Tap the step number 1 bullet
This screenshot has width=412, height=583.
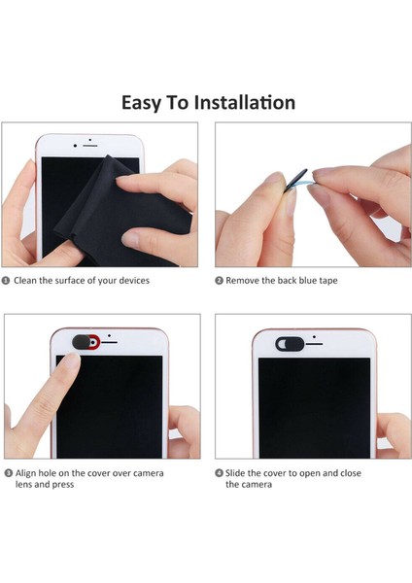point(6,281)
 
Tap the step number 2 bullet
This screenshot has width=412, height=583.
point(219,281)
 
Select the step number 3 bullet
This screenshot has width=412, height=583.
point(8,473)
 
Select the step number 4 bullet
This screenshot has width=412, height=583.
point(219,473)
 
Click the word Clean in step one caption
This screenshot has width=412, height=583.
point(25,281)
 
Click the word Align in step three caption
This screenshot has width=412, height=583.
point(25,474)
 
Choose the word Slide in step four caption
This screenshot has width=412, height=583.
point(235,473)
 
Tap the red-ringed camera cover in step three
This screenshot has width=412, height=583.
point(86,342)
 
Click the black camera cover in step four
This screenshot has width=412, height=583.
point(290,344)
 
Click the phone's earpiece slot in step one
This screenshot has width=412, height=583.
point(90,146)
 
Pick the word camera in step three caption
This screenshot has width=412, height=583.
point(149,473)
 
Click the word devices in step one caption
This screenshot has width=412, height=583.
point(134,281)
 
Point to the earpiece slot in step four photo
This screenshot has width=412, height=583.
point(314,344)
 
